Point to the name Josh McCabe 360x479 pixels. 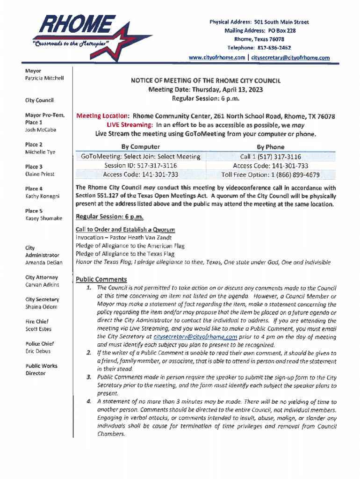tap(41, 130)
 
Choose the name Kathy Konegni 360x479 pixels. tap(43, 196)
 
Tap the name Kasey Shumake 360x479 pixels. tap(43, 218)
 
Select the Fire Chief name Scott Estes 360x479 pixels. tap(38, 329)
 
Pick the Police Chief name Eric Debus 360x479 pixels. tap(38, 351)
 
